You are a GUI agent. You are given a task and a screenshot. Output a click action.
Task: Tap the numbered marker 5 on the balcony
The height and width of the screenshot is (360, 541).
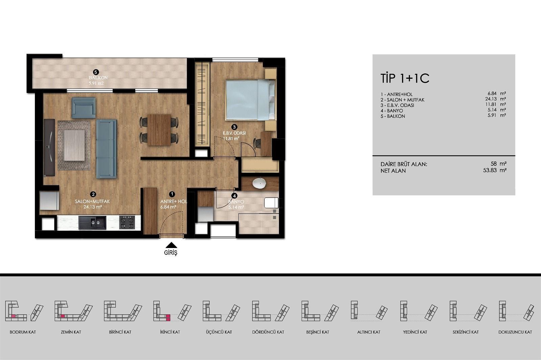coord(96,72)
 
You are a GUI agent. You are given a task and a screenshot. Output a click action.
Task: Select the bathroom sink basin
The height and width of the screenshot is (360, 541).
coord(259,183)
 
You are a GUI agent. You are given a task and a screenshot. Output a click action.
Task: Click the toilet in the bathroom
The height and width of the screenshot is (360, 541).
coord(271,202)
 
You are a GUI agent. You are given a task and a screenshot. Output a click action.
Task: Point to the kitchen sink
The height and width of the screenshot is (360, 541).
coord(92,223)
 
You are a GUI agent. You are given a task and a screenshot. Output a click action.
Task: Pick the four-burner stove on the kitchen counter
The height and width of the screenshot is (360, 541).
coord(127,222)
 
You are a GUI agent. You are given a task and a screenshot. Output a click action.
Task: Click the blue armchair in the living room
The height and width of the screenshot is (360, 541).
coord(84,108)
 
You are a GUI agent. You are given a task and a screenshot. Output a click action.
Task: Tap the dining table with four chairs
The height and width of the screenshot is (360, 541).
coord(159,130)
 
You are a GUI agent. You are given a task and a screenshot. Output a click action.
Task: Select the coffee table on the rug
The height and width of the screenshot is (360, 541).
coord(74,145)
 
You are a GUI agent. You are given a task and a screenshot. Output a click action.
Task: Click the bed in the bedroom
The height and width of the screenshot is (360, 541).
coord(251,100)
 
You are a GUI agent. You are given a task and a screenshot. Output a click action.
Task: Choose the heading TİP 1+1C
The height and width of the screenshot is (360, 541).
coord(405,78)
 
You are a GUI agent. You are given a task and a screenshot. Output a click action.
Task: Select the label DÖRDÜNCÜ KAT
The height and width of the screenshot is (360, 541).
coord(268,332)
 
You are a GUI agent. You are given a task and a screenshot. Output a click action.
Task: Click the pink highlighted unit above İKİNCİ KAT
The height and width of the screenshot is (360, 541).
coord(168,318)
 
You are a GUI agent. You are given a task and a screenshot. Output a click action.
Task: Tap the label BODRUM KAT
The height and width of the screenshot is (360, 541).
coord(23,332)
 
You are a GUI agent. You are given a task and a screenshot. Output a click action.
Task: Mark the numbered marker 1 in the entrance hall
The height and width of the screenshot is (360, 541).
coord(172,194)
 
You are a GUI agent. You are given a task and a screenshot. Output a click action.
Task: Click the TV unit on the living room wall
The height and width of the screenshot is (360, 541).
coord(49,148)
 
